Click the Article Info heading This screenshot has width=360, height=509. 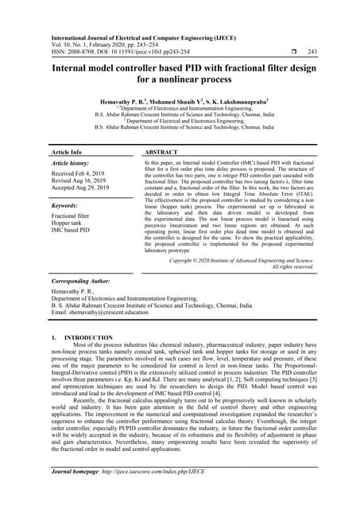67,151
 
